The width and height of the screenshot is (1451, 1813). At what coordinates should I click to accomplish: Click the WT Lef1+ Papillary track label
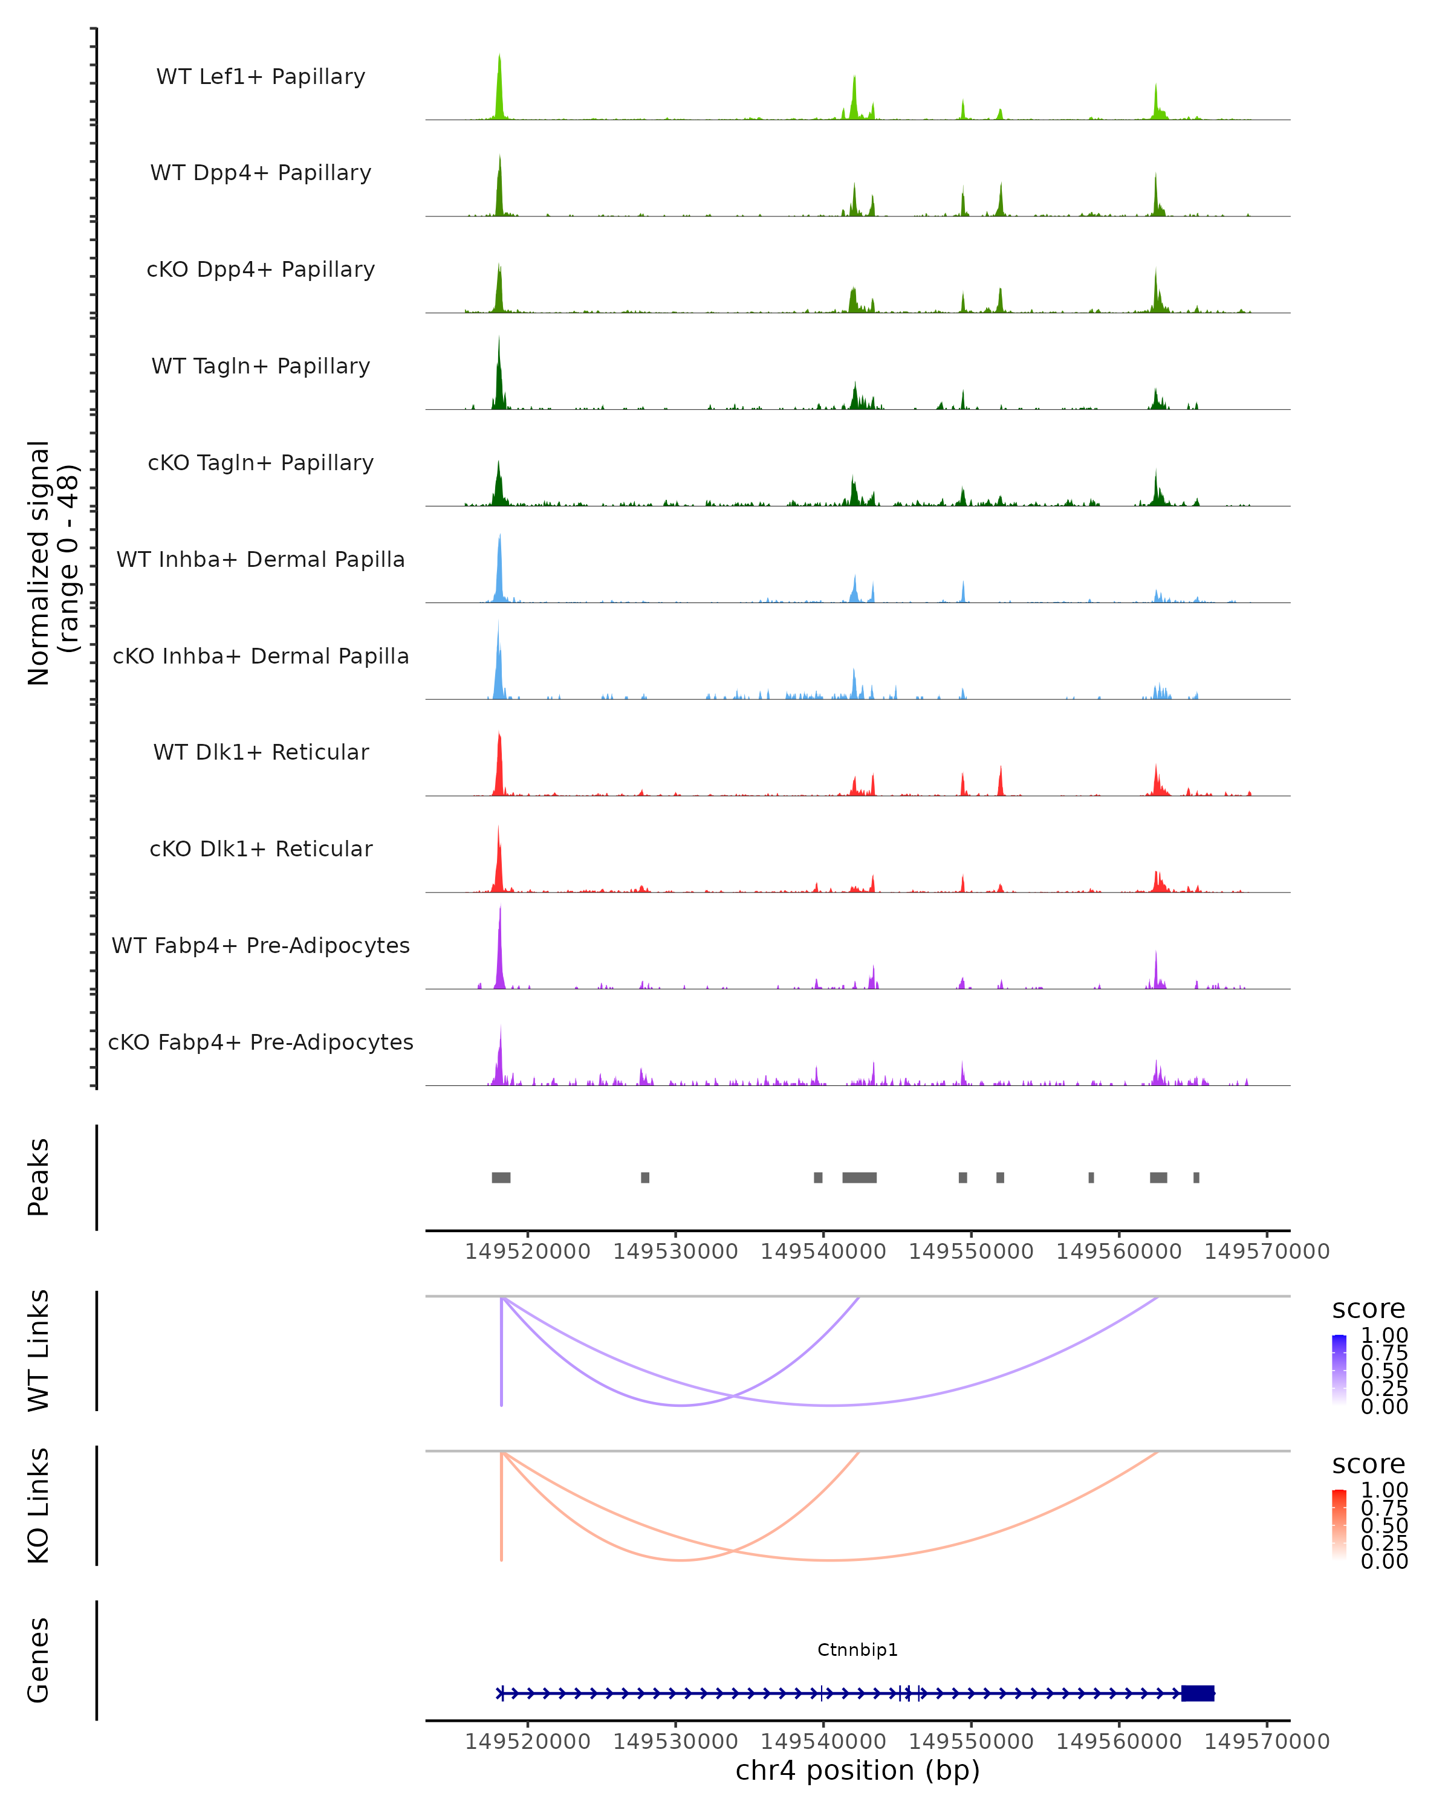[x=261, y=77]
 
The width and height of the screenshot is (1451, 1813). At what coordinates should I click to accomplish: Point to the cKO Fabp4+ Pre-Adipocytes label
[x=261, y=1042]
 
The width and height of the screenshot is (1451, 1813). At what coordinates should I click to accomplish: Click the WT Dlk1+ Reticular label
[x=261, y=752]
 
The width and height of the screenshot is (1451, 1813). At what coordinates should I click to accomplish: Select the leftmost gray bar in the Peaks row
[x=501, y=1177]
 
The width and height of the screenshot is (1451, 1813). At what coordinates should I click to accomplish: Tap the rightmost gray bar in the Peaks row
[x=1196, y=1177]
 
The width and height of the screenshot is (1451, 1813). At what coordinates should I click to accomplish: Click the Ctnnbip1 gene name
[x=857, y=1650]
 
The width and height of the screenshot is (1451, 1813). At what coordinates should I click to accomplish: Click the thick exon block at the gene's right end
[x=1198, y=1693]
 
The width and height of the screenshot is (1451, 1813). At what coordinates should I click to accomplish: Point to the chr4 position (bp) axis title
[x=857, y=1770]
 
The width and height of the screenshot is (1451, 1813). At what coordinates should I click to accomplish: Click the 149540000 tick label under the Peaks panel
[x=823, y=1252]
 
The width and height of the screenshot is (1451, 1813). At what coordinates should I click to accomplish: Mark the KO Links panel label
[x=39, y=1505]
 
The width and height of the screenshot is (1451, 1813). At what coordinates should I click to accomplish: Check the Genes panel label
[x=39, y=1660]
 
